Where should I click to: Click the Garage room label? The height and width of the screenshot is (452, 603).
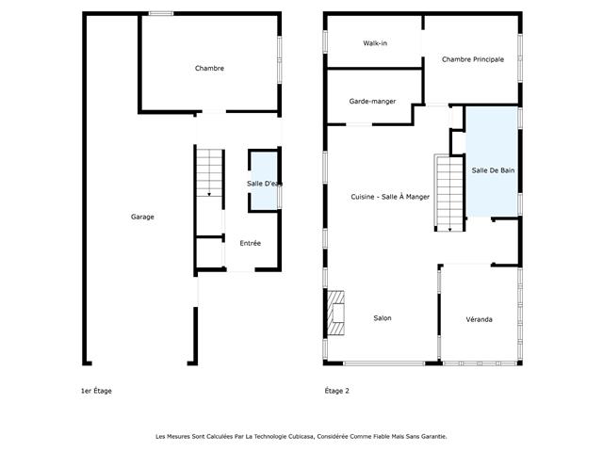pyautogui.click(x=142, y=217)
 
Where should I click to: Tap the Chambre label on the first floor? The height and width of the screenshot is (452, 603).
pyautogui.click(x=209, y=69)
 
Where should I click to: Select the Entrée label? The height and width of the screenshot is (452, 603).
pyautogui.click(x=251, y=243)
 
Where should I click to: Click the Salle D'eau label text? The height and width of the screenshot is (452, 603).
pyautogui.click(x=264, y=184)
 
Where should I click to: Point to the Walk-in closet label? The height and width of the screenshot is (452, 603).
pyautogui.click(x=375, y=43)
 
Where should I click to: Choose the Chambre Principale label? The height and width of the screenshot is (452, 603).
pyautogui.click(x=473, y=59)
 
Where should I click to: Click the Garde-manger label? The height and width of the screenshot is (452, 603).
pyautogui.click(x=372, y=102)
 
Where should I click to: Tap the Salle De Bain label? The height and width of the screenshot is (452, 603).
pyautogui.click(x=493, y=170)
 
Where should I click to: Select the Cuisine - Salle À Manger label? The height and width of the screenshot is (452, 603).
pyautogui.click(x=390, y=197)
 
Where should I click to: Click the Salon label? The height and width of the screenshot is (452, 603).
pyautogui.click(x=383, y=318)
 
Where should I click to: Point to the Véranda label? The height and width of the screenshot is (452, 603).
pyautogui.click(x=479, y=319)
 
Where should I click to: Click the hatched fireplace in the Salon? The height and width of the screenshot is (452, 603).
pyautogui.click(x=335, y=313)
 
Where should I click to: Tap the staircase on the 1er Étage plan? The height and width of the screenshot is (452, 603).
pyautogui.click(x=209, y=173)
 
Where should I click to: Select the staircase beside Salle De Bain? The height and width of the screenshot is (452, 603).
pyautogui.click(x=449, y=193)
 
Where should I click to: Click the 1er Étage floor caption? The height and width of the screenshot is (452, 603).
pyautogui.click(x=96, y=391)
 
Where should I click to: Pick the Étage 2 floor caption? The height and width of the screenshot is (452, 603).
pyautogui.click(x=337, y=391)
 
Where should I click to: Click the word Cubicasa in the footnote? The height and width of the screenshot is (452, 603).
pyautogui.click(x=302, y=437)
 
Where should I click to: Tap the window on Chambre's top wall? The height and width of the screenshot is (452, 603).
pyautogui.click(x=161, y=13)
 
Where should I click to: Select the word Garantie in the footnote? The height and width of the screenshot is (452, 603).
pyautogui.click(x=434, y=437)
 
